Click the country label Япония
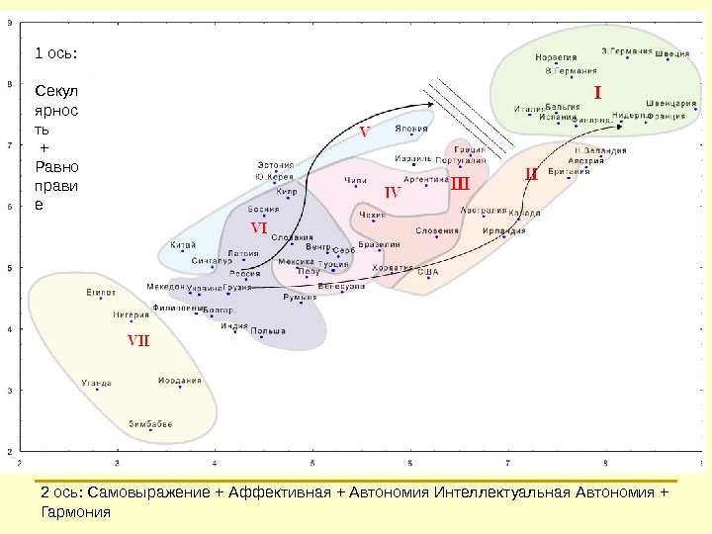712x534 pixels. [411, 129]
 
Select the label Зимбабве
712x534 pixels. [150, 423]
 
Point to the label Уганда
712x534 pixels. [96, 383]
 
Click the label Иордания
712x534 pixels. [180, 380]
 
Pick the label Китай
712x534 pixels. [183, 244]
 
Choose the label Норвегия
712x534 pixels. [558, 56]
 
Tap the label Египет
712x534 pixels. [101, 292]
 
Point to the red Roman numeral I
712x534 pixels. [596, 92]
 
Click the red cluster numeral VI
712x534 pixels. [259, 228]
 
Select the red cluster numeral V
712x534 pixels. [364, 132]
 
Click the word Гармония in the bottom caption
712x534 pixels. [74, 512]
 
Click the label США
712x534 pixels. [427, 271]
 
